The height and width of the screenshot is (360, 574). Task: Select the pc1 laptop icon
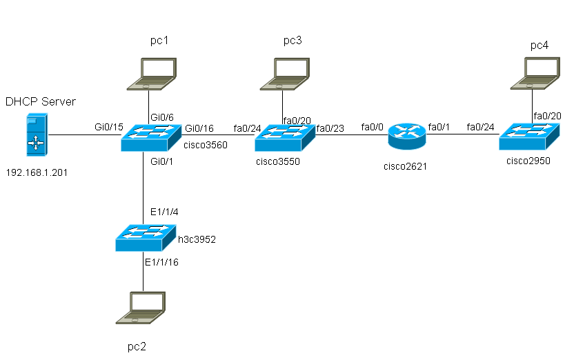click(151, 74)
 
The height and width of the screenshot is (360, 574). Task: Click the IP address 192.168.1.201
click(39, 170)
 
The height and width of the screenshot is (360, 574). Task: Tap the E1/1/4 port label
click(164, 211)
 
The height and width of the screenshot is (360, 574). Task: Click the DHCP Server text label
click(41, 102)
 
